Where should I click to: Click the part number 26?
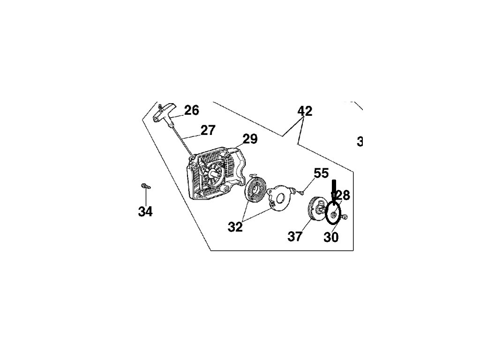coord(191,111)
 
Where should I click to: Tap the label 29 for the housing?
coord(250,139)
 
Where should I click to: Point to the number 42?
coord(305,112)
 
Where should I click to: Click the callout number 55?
coord(321,173)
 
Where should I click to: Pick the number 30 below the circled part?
coord(331,238)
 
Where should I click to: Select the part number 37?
coord(295,237)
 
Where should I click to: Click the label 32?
coord(235,227)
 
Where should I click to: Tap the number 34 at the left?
coord(145,212)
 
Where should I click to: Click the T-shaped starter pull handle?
coord(164,113)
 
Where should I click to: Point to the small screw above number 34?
coord(145,187)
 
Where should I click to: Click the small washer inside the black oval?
coord(332,215)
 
